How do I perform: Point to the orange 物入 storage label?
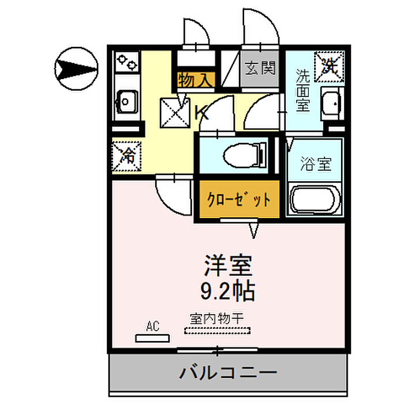coord(196,80)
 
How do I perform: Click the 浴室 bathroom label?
coord(316,163)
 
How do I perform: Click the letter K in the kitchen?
coord(202,113)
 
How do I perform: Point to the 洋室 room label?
coord(227,266)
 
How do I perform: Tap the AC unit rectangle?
coord(152,338)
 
